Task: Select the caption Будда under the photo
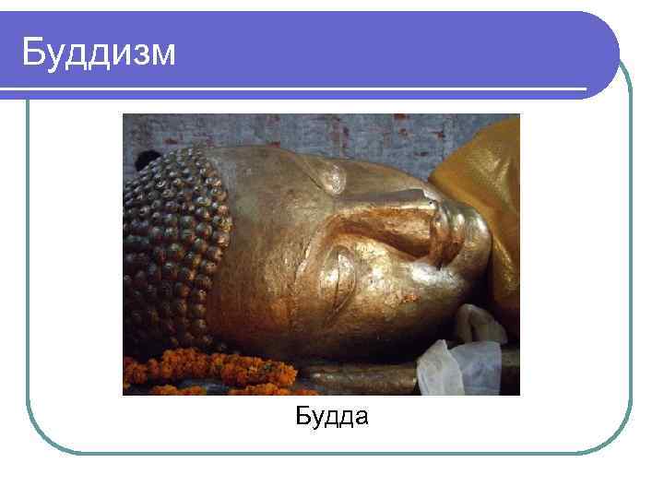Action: click(x=332, y=418)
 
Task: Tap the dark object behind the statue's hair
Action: click(x=145, y=160)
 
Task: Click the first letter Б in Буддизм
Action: click(x=33, y=52)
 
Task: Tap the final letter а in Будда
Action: click(x=361, y=419)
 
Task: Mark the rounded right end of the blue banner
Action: click(x=604, y=51)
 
